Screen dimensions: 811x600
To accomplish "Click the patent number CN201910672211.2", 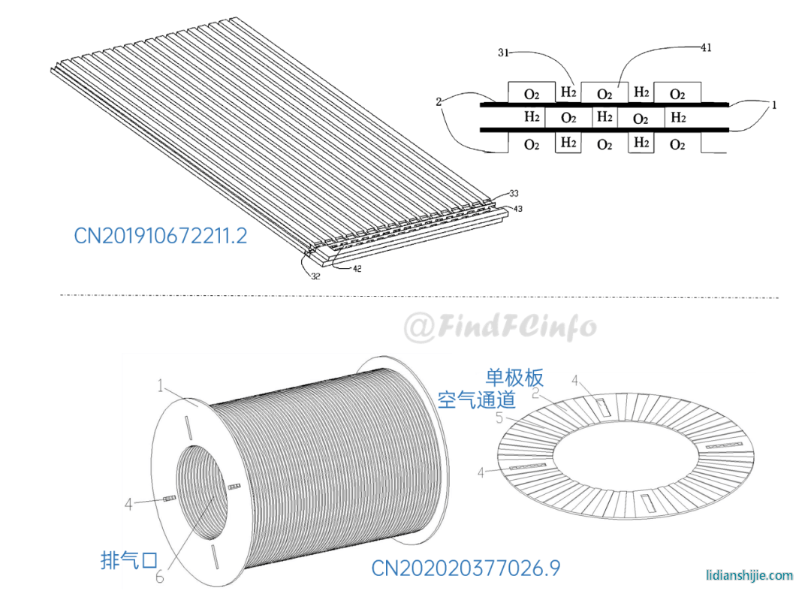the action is coord(161,236).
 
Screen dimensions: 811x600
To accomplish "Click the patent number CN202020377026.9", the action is coord(466,568).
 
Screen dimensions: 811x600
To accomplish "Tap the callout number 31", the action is coord(503,53).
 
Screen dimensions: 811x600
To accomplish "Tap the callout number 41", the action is coord(706,47).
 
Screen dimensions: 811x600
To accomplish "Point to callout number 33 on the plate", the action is coord(514,194).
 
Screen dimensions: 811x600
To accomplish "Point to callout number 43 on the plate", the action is coord(517,209).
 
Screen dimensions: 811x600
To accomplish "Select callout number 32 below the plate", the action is coord(315,276).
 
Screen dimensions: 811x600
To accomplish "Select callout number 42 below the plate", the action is coord(357,268).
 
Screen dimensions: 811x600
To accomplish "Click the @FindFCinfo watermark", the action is coord(499,327).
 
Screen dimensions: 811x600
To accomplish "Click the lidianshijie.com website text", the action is coord(749,575).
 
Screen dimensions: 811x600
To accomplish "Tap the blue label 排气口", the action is coord(129,559).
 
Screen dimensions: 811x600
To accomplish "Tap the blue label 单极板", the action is coord(514,378).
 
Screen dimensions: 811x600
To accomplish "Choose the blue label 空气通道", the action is coord(476,399).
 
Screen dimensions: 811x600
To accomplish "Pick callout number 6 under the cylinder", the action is coord(160,576).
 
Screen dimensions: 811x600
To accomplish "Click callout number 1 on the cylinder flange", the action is coord(161,386).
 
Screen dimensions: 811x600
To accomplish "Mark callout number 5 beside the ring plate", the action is coord(499,418).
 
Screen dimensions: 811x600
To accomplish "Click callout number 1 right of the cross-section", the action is coord(774,105).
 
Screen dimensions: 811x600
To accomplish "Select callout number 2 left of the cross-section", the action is coord(439,101).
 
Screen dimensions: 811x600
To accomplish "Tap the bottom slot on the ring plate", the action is coord(647,502).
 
